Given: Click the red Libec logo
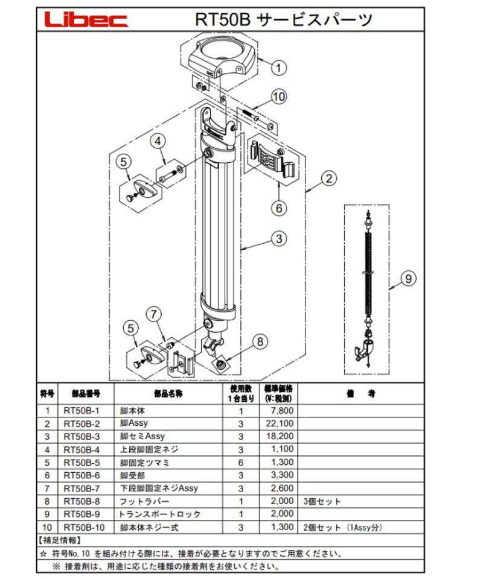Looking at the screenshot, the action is point(86,19).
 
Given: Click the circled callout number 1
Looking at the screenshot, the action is point(278,68).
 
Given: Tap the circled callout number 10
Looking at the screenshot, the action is point(279,96).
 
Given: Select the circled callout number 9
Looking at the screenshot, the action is point(408,278).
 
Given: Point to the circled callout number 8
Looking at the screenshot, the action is point(260,341).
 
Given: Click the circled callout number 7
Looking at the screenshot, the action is point(154,314).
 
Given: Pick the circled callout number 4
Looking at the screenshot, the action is point(158,141).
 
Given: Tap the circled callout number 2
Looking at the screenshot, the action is point(329,179).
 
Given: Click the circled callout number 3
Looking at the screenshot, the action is point(279,239).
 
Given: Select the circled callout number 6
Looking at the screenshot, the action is point(279,208).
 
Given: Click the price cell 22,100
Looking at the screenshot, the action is point(280,423).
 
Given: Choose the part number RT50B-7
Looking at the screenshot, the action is point(82,489).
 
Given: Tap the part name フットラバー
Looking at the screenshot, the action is point(144,501).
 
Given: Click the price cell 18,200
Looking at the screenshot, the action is point(280,436).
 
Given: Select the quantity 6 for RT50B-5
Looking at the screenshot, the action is point(241,463).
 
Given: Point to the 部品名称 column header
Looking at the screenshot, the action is point(168,394).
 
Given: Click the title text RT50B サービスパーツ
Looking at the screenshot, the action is point(283,19).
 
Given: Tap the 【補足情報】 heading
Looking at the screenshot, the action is point(60,540).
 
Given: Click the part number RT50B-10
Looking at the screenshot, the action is point(84,527).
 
